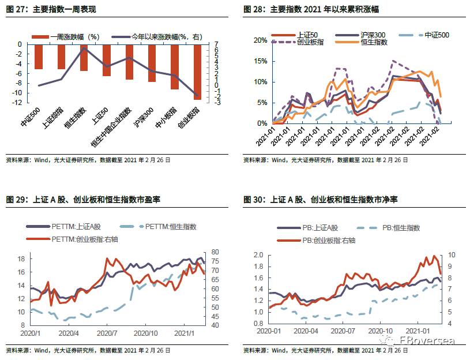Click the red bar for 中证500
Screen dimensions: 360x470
point(39,57)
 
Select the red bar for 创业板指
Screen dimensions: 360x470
point(198,72)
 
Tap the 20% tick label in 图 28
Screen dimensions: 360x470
point(260,40)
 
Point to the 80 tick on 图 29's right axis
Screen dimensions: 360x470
point(216,252)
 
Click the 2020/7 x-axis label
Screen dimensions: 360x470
point(108,333)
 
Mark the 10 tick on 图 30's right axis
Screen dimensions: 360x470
point(452,255)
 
